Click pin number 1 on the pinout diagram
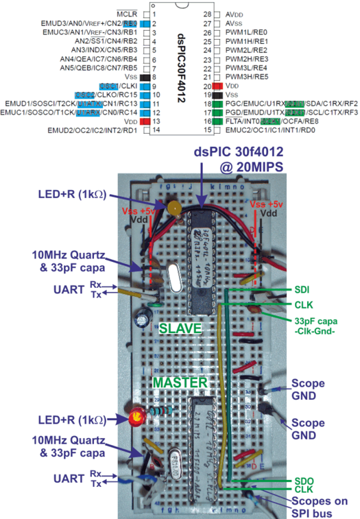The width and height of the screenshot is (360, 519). point(154,14)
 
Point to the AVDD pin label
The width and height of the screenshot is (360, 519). point(235,14)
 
